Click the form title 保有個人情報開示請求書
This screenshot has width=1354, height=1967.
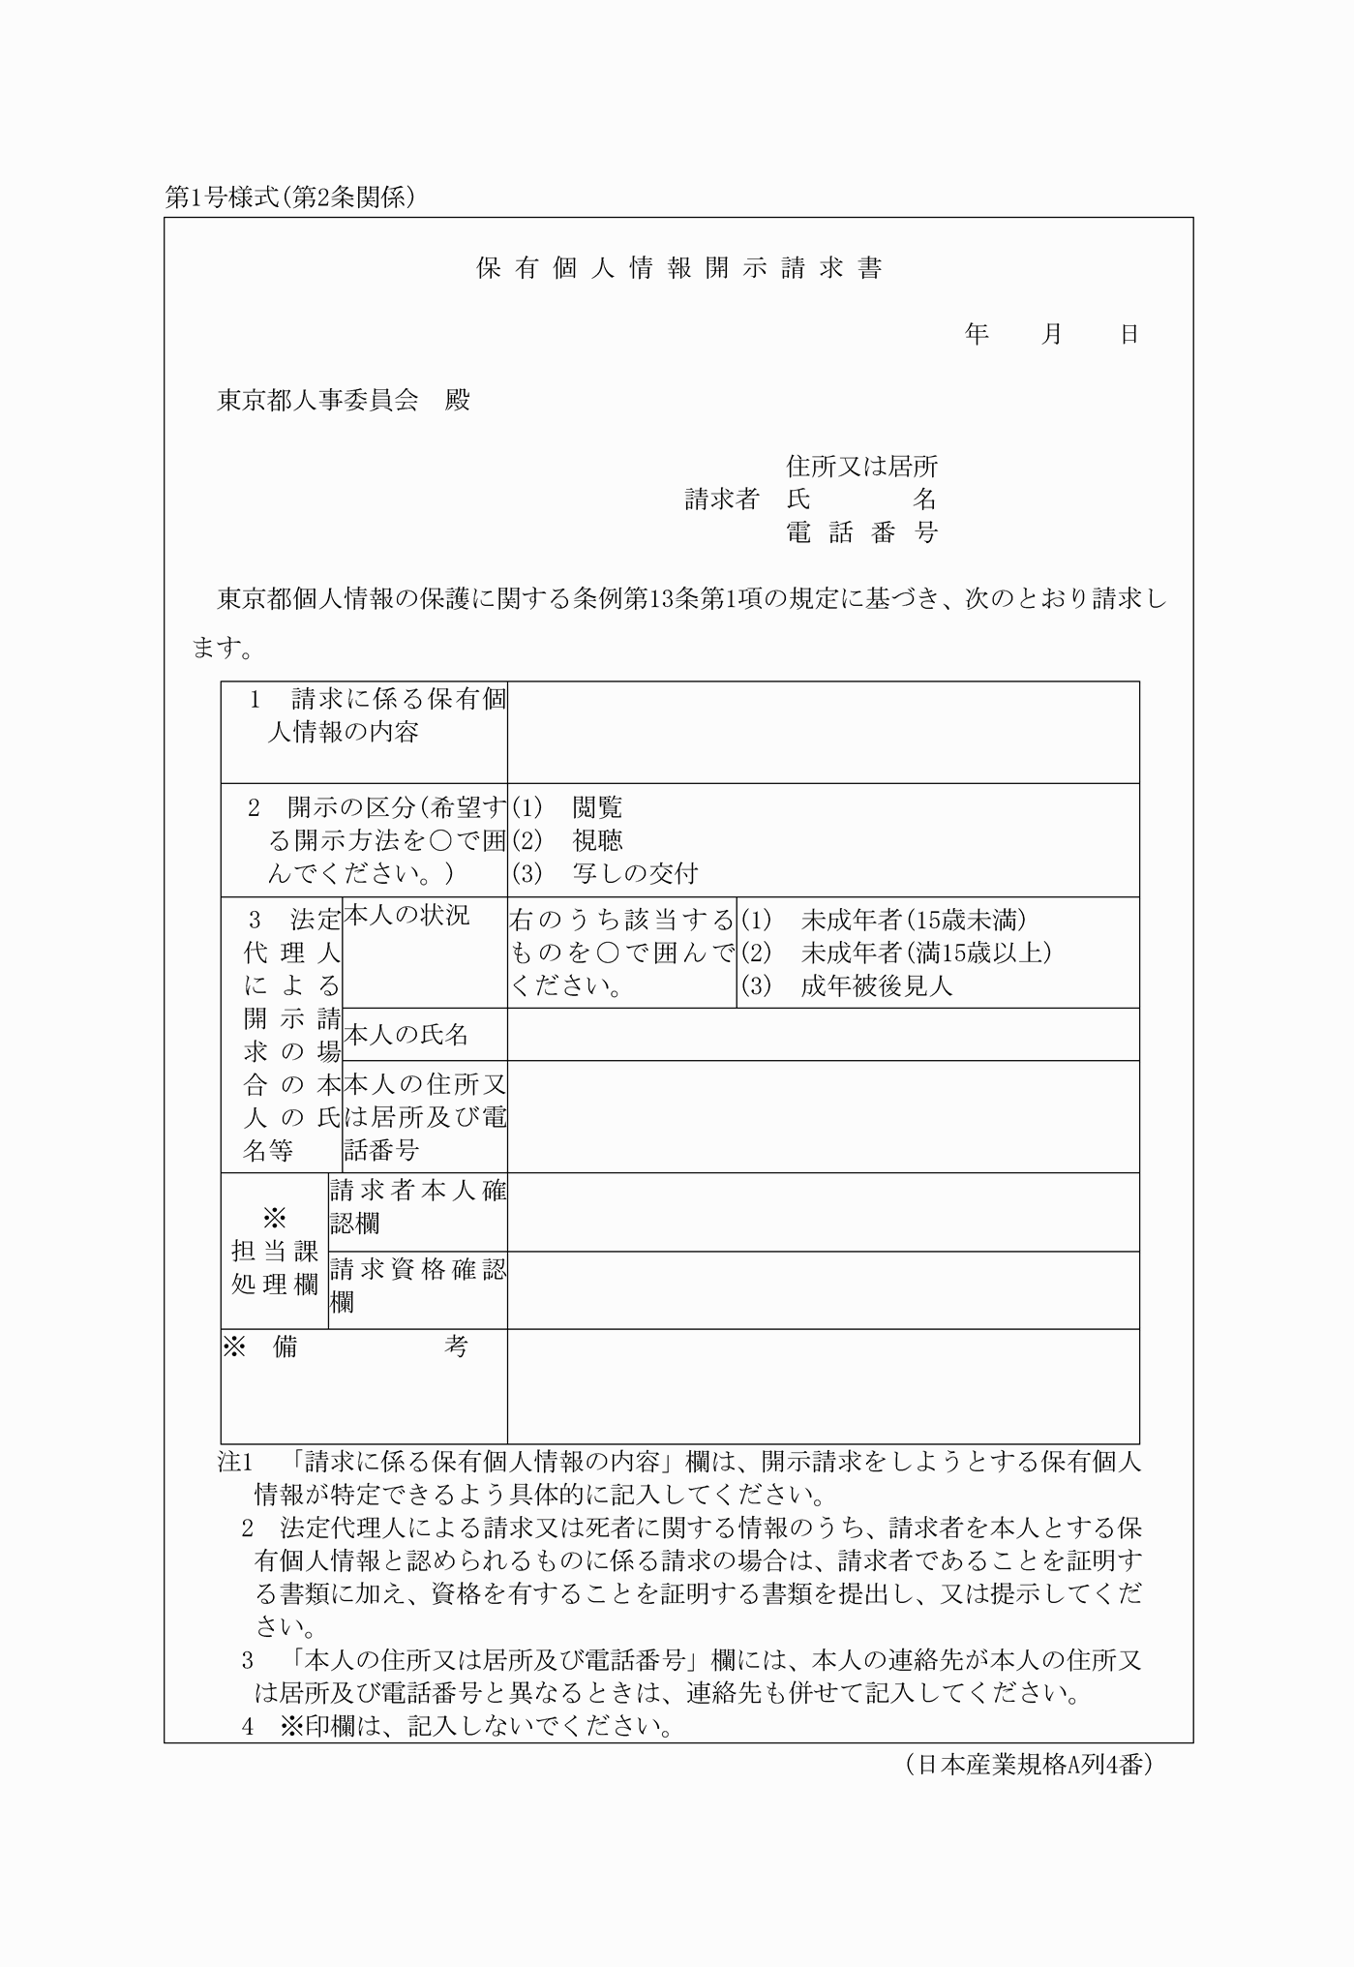(679, 269)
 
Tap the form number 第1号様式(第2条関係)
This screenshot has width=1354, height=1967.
(290, 197)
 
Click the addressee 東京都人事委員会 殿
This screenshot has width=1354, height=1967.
(344, 400)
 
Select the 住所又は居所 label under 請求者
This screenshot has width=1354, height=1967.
(861, 467)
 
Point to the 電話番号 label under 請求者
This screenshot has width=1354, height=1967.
(861, 532)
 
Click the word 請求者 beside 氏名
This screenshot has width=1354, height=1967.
(721, 499)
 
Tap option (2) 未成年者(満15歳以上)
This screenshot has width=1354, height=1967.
(896, 953)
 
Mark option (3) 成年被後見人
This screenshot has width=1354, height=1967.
(848, 985)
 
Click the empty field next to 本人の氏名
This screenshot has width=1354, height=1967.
(823, 1035)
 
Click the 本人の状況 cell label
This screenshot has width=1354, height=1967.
(406, 916)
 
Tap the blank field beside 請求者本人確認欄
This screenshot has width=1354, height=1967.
(823, 1212)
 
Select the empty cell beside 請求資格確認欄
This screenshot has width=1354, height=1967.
(823, 1290)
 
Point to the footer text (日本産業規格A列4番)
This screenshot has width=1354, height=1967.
(1029, 1765)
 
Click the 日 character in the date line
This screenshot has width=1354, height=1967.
(1128, 335)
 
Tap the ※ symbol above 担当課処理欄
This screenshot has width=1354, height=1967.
(275, 1217)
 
